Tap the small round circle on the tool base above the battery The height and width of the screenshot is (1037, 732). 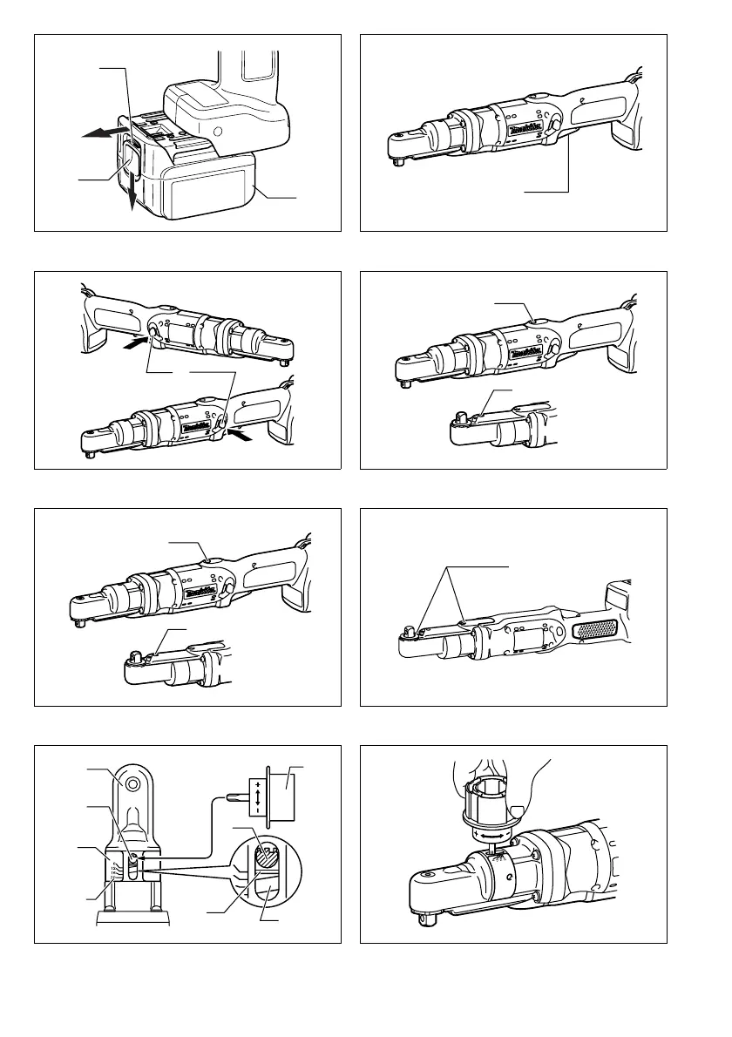click(x=217, y=132)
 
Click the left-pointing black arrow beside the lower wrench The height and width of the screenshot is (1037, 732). click(x=247, y=440)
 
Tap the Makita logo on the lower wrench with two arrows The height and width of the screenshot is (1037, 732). click(x=197, y=427)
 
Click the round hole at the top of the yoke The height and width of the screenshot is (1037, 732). click(x=133, y=783)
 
